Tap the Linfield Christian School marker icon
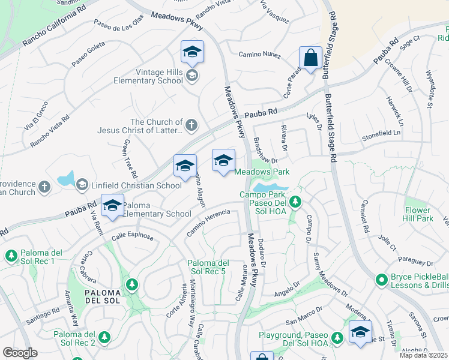[82, 185]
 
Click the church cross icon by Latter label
[191, 125]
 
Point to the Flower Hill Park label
[418, 215]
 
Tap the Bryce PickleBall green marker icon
[381, 280]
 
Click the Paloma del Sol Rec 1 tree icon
[11, 256]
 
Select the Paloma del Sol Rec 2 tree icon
[105, 338]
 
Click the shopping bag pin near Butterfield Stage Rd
[310, 59]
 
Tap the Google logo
[20, 353]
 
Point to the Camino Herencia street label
[208, 222]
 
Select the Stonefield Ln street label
[381, 136]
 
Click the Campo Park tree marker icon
[295, 202]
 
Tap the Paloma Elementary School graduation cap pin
[112, 205]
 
